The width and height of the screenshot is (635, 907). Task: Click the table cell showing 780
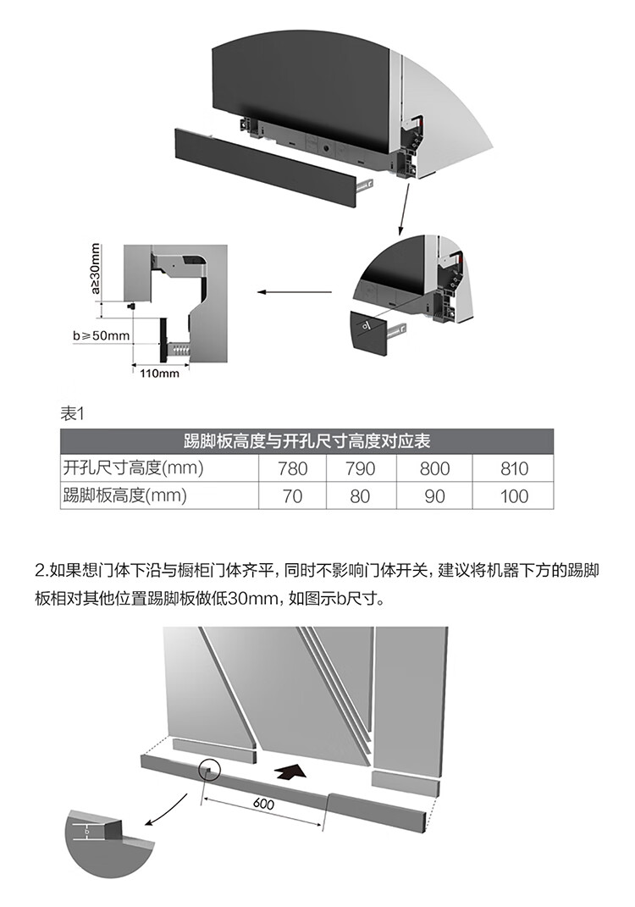(x=292, y=469)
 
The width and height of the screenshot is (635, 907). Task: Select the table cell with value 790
(x=360, y=469)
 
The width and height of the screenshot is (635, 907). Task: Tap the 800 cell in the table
(x=434, y=469)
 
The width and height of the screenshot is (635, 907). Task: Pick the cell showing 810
(x=514, y=469)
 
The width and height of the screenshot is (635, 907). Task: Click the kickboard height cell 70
(x=292, y=496)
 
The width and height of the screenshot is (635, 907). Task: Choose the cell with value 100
(x=514, y=496)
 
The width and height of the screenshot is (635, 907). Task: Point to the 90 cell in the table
(x=434, y=496)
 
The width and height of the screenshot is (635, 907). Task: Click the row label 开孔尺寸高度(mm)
(x=133, y=468)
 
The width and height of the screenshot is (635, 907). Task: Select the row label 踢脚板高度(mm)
(x=124, y=496)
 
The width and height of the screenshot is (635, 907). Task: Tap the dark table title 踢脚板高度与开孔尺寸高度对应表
(x=306, y=441)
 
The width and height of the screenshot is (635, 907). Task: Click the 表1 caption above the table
(x=74, y=413)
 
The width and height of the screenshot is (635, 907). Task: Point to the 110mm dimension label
(x=159, y=373)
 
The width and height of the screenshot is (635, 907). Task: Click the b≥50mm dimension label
(x=101, y=335)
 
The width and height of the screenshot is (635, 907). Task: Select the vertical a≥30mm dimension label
(x=95, y=269)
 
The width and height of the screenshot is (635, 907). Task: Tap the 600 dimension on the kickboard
(x=263, y=805)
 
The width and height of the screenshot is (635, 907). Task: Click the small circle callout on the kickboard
(x=208, y=770)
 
